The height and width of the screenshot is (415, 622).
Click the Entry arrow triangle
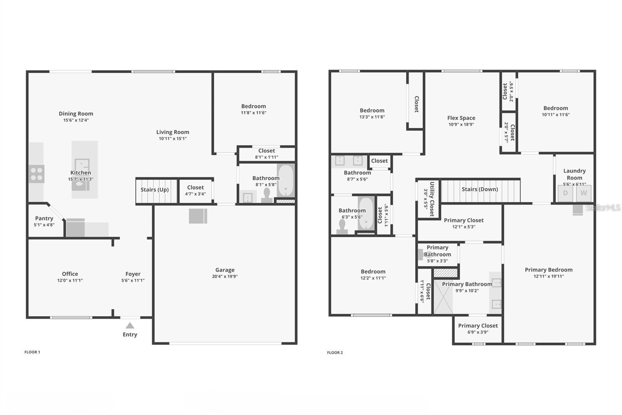130,326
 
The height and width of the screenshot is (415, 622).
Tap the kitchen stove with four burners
37,174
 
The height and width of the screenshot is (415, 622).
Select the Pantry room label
44,218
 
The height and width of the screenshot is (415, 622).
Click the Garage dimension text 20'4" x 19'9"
225,276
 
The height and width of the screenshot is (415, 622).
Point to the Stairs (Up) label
155,190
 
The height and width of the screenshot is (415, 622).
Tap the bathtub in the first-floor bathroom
286,181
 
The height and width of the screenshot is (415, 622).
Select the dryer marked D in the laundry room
565,193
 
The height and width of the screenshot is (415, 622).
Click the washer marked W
584,193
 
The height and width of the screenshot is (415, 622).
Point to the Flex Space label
461,118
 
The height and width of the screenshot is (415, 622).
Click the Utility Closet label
432,199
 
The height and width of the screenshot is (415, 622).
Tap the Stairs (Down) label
480,189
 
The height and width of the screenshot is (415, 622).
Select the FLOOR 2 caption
335,353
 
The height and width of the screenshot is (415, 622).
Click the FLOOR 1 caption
32,352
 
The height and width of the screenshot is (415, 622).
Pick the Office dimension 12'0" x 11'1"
70,280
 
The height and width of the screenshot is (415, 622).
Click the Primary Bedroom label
549,270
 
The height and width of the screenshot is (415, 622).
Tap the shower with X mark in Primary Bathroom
443,297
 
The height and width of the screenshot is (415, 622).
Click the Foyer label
133,274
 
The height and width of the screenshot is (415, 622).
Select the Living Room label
173,132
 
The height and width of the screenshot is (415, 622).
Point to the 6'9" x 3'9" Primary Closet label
478,326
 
